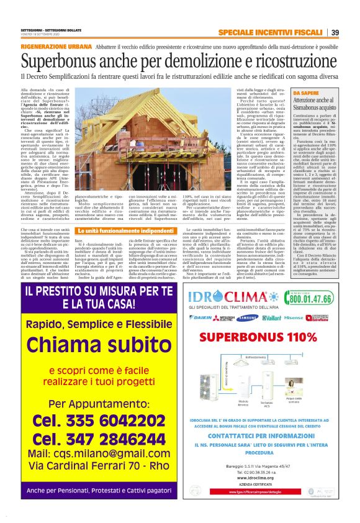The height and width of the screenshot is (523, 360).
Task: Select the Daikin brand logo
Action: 202,317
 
